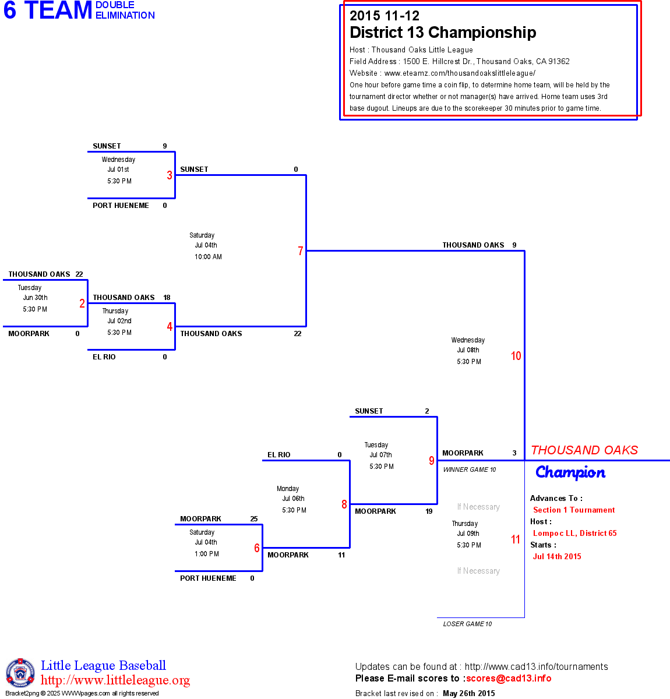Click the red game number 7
[301, 251]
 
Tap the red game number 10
[516, 356]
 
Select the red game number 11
[515, 539]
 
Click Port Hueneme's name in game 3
[121, 206]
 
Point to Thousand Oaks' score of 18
[167, 298]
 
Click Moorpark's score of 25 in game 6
[253, 519]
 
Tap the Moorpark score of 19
[429, 511]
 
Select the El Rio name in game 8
[278, 455]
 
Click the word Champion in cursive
[570, 472]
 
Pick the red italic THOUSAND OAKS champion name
[584, 450]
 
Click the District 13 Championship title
[443, 33]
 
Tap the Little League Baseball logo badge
[20, 673]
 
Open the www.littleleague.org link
[115, 680]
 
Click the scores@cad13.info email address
[509, 678]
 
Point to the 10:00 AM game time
[208, 257]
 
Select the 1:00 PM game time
[206, 554]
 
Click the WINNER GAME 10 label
[469, 469]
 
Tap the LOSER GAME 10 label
[467, 624]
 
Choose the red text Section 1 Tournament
[574, 510]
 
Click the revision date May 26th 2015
[469, 693]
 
